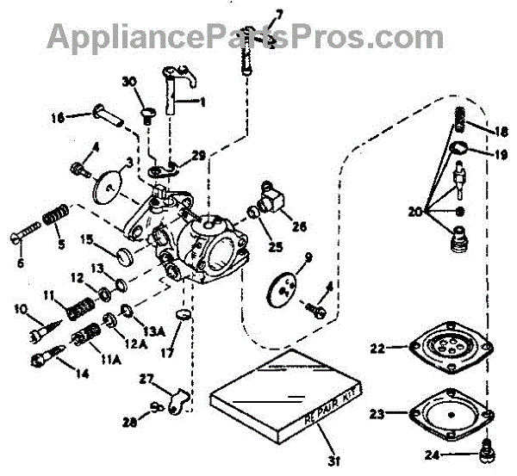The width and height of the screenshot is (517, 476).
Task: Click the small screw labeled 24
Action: click(x=484, y=448)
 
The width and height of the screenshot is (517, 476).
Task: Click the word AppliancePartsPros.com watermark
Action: click(x=245, y=35)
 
